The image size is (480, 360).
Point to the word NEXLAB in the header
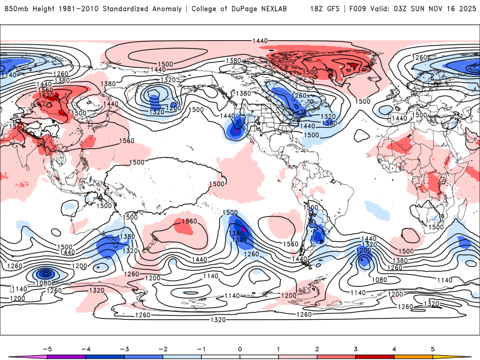point(287,9)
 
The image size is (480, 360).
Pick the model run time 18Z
point(318,9)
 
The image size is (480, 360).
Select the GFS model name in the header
point(335,9)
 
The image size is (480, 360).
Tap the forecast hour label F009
point(362,9)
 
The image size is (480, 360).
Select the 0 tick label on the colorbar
point(239,349)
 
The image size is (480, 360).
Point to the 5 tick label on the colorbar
point(433,349)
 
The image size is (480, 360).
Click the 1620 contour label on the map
point(46,95)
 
